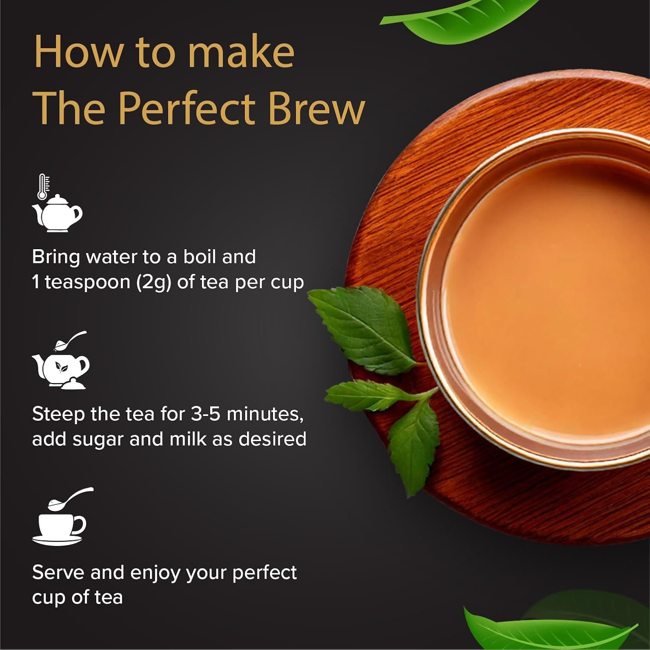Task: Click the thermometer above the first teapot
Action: tap(43, 187)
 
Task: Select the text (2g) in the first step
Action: tap(154, 283)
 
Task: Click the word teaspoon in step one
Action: tap(88, 283)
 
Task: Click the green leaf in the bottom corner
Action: tap(542, 628)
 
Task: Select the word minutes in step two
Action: tap(265, 414)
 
